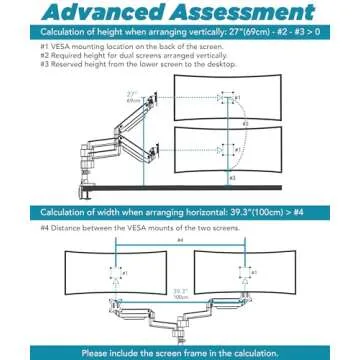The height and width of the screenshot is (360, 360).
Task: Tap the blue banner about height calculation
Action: pos(180,32)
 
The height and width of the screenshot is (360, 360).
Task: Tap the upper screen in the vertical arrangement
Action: pos(233,100)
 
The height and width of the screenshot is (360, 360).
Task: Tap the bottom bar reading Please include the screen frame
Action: pos(180,351)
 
